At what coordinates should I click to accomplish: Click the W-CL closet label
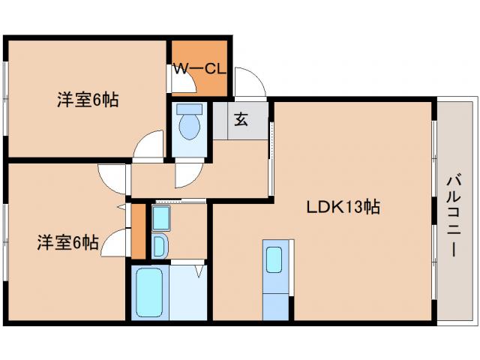click(x=199, y=68)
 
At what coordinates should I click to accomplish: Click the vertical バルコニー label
click(x=453, y=214)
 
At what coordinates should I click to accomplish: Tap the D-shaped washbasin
click(x=159, y=245)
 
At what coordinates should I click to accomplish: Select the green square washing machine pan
click(x=161, y=218)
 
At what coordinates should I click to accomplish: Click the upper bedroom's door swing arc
click(x=151, y=144)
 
